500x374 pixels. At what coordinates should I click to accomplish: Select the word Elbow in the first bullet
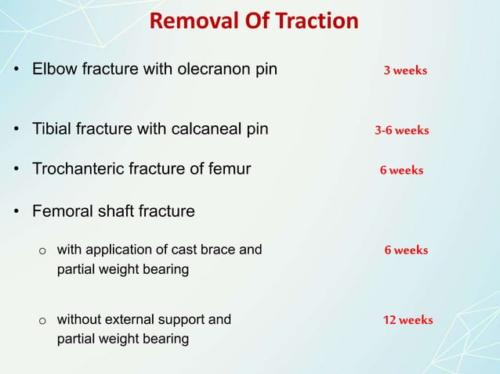pos(52,70)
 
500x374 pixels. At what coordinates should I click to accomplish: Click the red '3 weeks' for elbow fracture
pos(404,70)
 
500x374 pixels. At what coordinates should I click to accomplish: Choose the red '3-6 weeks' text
pos(401,131)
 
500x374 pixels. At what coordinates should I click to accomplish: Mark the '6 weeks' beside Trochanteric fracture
pos(401,171)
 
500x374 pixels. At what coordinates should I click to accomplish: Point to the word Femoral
pos(61,211)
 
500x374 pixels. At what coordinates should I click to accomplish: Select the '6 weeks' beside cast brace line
pos(406,250)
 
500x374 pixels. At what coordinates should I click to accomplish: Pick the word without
pos(78,319)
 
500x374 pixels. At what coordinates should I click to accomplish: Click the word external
pos(129,319)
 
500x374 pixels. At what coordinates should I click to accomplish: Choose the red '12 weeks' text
pos(408,320)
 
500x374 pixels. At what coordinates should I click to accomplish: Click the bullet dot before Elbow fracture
pos(16,71)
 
